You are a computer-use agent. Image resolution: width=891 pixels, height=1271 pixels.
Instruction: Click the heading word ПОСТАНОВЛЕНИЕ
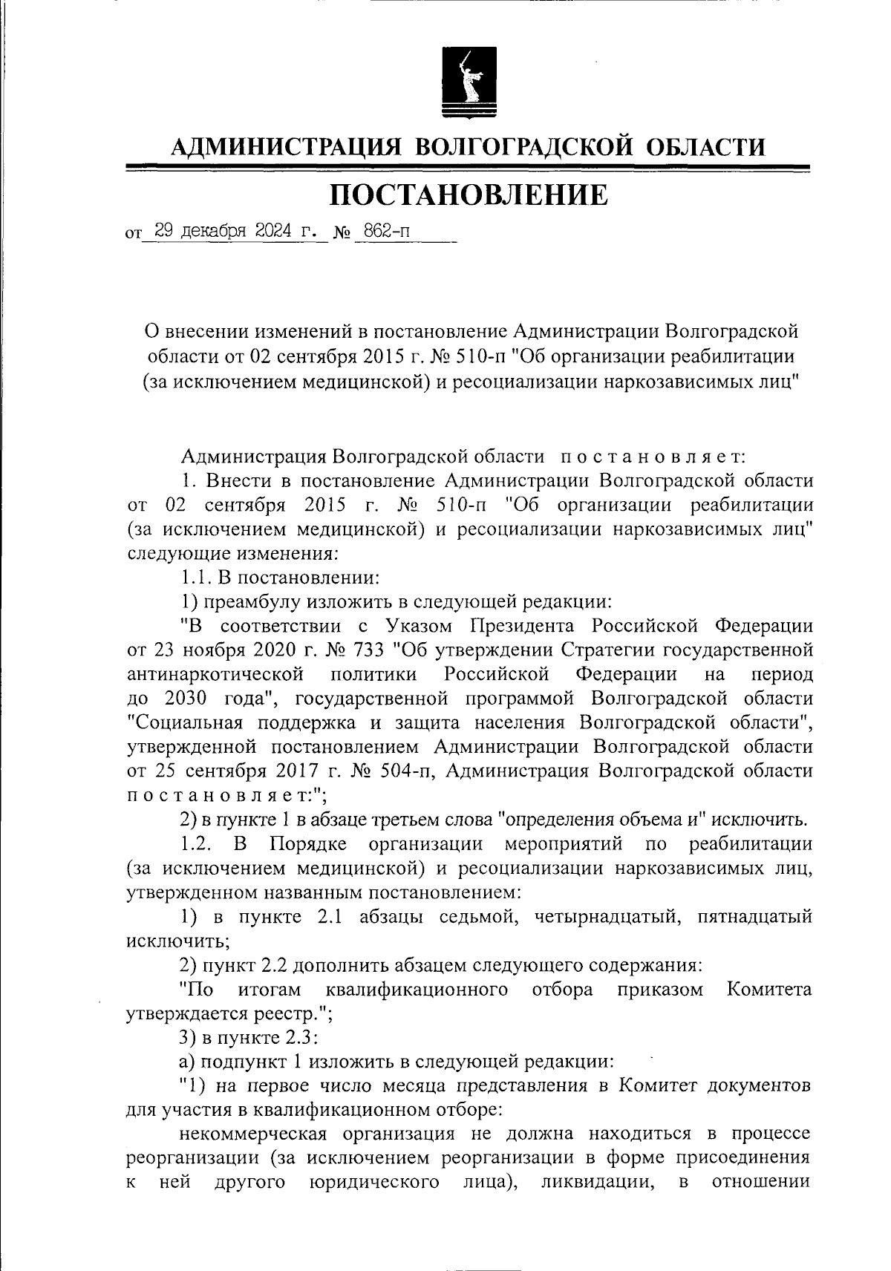click(x=469, y=195)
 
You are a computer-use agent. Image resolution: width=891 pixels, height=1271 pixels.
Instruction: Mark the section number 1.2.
click(x=198, y=844)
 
